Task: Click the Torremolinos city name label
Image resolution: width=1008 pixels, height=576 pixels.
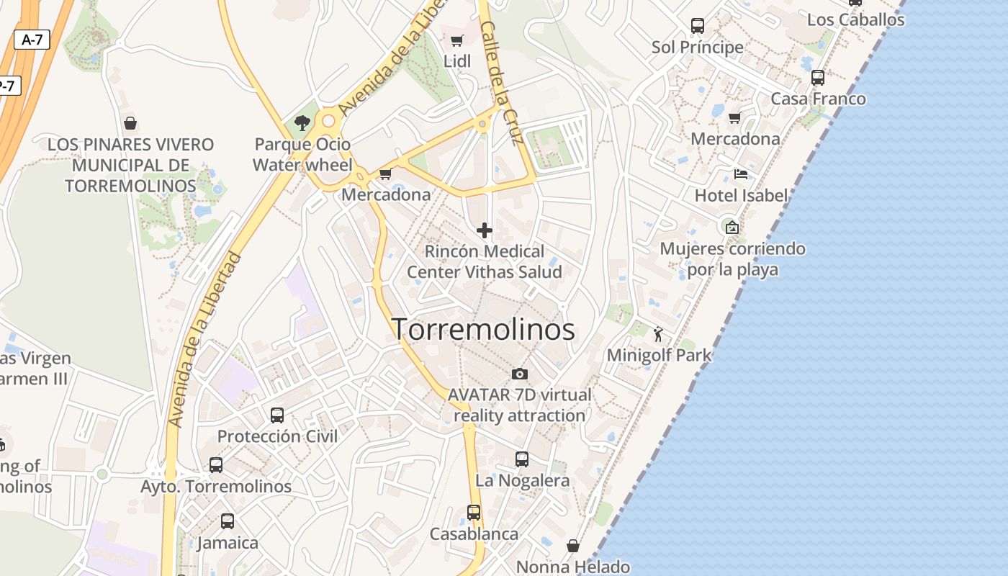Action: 483,330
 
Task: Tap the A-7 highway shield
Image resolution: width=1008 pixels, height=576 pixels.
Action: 32,40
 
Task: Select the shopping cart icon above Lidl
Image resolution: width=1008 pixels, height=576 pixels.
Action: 456,40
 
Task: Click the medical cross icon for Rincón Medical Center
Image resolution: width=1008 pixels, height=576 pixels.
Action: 485,230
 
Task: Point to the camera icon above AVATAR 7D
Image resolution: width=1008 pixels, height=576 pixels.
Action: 519,374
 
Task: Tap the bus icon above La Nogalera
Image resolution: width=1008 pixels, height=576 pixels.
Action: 522,459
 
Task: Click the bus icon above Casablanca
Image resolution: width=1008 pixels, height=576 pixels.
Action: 474,513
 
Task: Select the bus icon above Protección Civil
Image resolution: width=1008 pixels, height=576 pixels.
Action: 277,415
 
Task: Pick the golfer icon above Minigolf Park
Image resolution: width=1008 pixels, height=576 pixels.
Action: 658,333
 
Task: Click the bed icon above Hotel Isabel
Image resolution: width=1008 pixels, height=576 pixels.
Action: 740,174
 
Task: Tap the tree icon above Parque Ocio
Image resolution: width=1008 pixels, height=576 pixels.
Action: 302,122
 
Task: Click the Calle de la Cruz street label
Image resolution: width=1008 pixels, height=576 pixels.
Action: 501,83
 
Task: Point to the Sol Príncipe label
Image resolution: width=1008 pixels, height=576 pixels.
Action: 697,48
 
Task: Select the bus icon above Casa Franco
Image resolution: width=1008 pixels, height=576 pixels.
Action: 818,77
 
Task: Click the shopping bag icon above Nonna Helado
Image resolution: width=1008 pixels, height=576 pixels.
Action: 573,546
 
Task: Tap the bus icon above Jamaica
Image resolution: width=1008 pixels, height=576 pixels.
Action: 228,521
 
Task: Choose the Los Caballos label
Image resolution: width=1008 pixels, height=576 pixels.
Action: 855,19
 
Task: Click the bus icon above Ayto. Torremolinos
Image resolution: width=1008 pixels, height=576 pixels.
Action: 216,464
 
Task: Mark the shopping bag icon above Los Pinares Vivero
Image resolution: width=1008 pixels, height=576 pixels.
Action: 130,123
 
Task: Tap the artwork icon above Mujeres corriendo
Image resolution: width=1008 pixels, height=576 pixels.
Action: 732,228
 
